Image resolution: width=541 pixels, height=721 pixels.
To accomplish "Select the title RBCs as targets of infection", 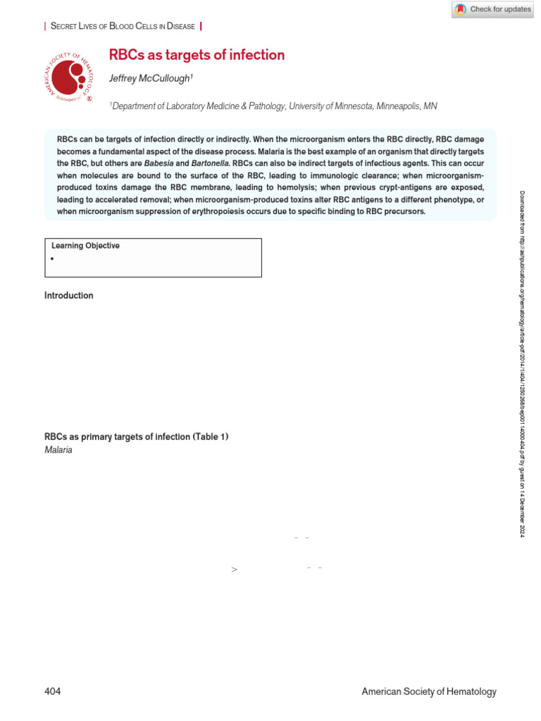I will [197, 55].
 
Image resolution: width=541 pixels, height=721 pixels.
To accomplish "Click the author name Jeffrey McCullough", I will [150, 79].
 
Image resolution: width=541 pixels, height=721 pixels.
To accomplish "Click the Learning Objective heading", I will [85, 246].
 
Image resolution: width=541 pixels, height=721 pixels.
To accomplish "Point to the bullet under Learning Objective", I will [54, 259].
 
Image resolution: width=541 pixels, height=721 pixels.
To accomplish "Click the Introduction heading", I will [68, 296].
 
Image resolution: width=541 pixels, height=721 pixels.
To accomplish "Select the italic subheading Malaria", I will [58, 450].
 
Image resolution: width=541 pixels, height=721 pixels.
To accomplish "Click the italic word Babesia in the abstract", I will [158, 163].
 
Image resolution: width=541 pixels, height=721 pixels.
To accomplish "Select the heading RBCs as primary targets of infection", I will [136, 437].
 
